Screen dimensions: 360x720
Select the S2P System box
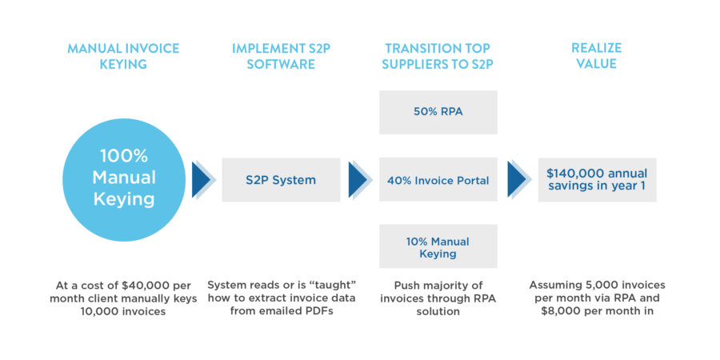pos(281,180)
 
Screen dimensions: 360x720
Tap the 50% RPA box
pos(438,112)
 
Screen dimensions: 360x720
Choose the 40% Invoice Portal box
pos(438,180)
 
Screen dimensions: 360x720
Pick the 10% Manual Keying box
pos(438,246)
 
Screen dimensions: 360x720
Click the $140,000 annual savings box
pos(597,180)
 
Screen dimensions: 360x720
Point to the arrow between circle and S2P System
pos(203,180)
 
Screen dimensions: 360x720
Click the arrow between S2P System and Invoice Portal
pos(360,180)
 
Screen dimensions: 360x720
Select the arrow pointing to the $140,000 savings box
pos(519,180)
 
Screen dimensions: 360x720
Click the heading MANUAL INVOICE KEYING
pos(122,56)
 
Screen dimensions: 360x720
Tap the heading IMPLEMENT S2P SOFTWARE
pos(280,56)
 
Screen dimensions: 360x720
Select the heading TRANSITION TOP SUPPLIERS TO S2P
pos(438,56)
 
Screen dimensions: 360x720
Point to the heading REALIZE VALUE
pos(597,56)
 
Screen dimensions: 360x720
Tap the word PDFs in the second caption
pos(316,311)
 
